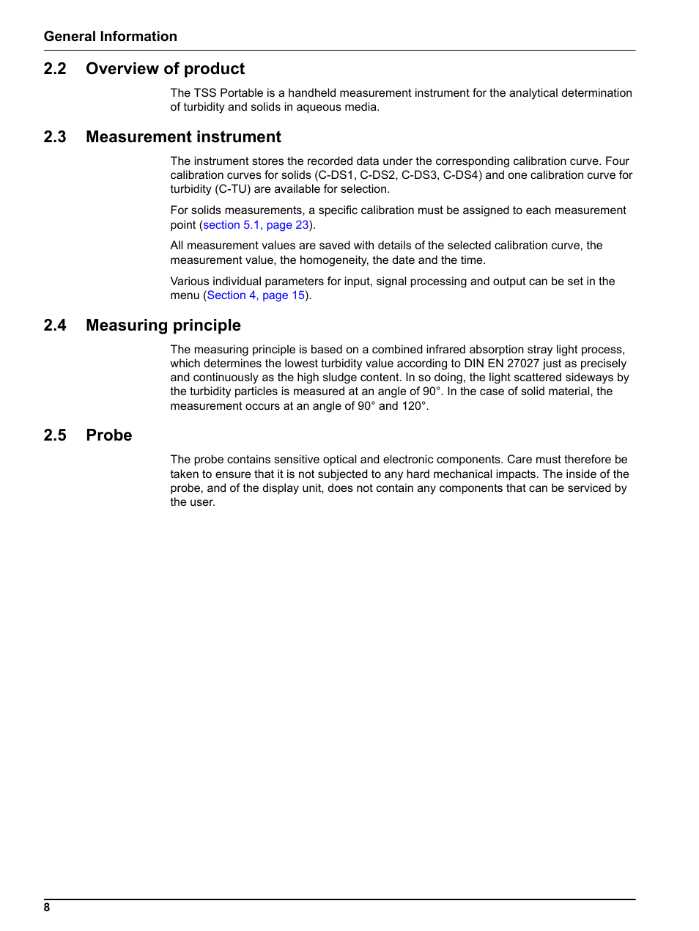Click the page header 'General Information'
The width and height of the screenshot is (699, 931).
110,37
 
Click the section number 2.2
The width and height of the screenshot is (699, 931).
55,69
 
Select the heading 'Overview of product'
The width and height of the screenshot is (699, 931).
165,69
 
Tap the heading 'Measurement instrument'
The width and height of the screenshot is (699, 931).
183,137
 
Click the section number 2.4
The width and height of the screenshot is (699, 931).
55,325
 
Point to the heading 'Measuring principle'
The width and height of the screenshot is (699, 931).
163,325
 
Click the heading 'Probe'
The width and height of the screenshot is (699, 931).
108,435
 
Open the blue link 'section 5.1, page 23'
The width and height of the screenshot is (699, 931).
256,225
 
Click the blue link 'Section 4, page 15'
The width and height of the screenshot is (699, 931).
256,295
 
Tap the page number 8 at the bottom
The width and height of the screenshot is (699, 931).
47,908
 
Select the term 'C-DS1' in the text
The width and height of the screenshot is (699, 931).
336,175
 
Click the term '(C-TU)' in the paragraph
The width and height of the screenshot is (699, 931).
232,189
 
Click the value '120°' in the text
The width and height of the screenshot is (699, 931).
413,406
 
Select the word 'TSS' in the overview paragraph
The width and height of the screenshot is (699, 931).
205,93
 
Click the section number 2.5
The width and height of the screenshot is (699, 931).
55,435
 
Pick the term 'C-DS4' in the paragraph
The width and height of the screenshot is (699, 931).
462,175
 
